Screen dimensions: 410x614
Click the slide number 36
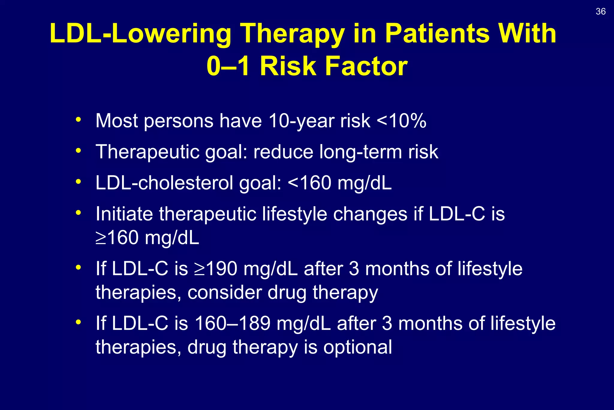pos(601,11)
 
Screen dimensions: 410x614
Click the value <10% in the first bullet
pos(401,121)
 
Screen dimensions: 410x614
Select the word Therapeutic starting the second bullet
pos(147,152)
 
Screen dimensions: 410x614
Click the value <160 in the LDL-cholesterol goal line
pos(309,183)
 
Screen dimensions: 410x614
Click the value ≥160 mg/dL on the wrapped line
pos(147,238)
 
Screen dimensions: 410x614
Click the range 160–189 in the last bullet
pos(233,324)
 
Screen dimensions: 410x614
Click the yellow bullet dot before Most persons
pos(79,119)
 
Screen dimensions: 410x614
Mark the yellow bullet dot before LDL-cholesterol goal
pos(79,182)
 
